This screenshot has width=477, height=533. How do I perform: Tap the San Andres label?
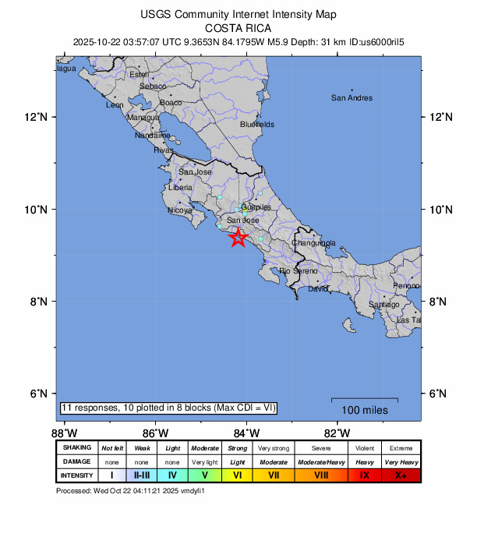tap(352, 98)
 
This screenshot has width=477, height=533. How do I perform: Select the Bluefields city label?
tap(257, 124)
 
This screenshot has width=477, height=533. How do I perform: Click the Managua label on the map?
tap(143, 118)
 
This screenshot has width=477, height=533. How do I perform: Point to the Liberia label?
tap(181, 188)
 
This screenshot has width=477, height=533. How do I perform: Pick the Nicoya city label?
tap(180, 210)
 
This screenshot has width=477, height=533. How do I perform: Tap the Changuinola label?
tap(313, 243)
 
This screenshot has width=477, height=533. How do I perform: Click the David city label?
tap(318, 289)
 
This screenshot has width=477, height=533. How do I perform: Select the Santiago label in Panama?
tap(383, 304)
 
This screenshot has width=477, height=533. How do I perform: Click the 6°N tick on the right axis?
tap(442, 394)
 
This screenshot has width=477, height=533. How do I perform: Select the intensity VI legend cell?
tap(238, 475)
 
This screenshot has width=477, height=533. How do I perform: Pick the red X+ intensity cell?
tap(401, 475)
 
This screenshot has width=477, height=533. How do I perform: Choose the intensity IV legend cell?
tap(173, 475)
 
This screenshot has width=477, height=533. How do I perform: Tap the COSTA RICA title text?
tap(237, 26)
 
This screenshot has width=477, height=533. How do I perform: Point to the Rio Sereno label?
tap(299, 270)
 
